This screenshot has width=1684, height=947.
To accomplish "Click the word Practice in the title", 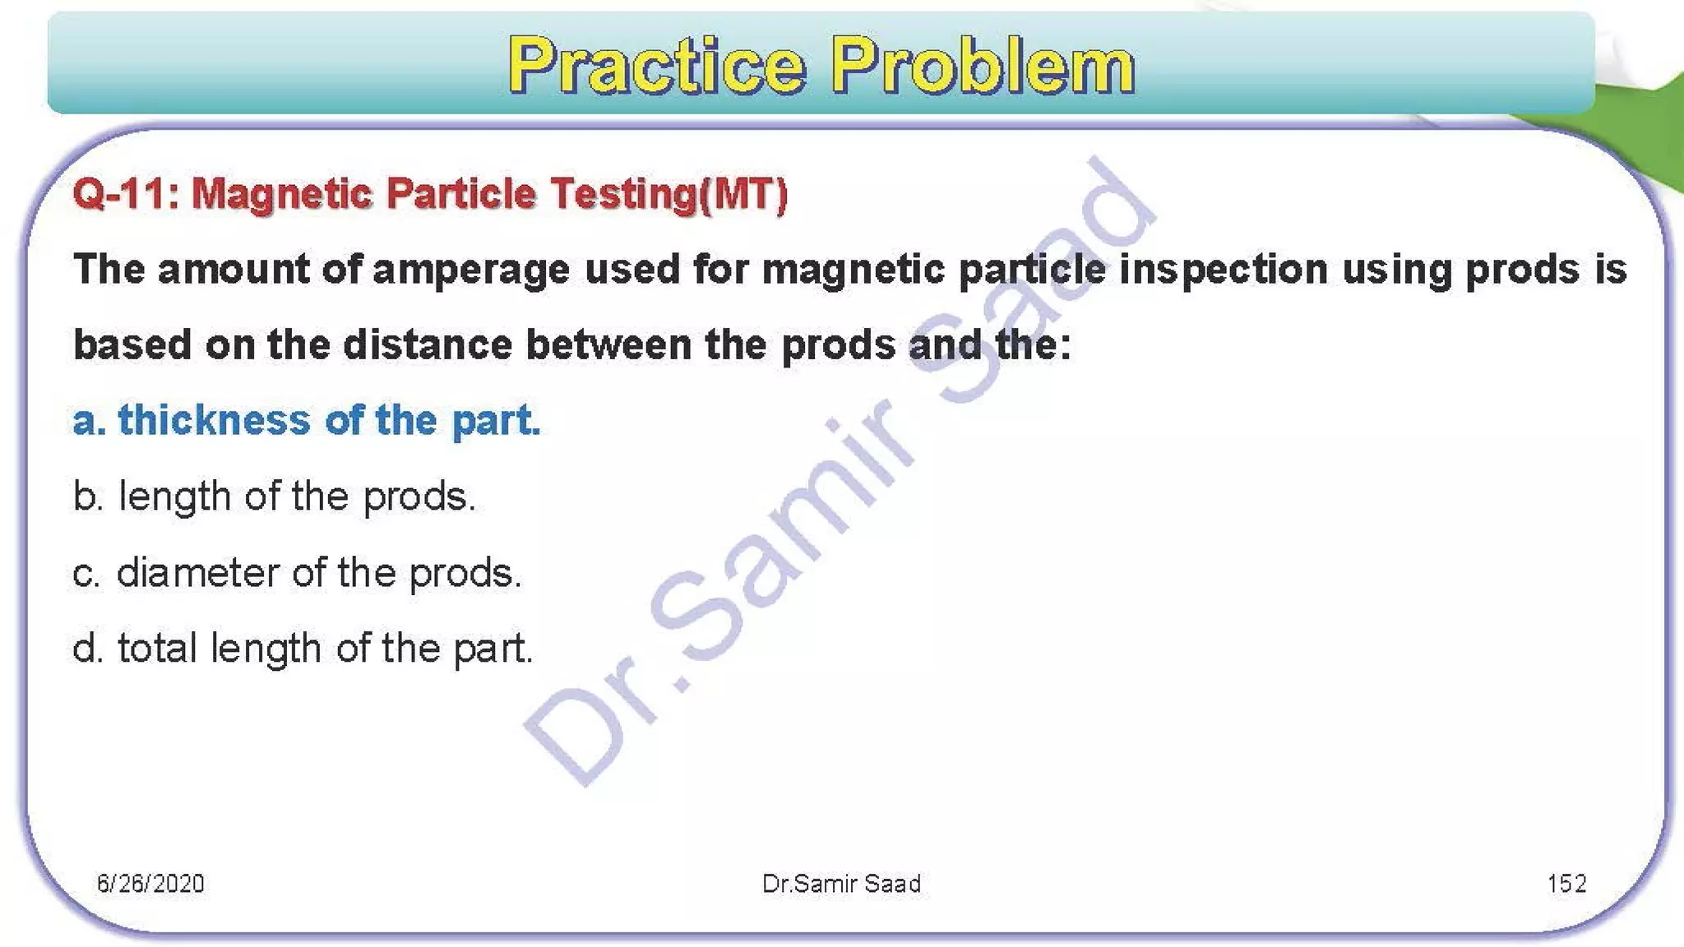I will point(656,66).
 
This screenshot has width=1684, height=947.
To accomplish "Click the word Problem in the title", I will point(983,66).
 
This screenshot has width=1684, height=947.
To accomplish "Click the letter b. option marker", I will point(87,497).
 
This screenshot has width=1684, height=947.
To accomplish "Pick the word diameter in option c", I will point(197,572).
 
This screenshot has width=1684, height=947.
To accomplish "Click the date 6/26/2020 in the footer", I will point(150,884).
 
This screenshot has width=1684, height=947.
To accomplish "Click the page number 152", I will point(1566,884).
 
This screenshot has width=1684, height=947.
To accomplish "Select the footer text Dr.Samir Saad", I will point(841,884).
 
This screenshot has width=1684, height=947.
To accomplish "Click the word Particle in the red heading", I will point(460,195).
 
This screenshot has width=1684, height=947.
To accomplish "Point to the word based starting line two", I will point(132,344).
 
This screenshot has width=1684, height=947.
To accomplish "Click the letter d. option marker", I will point(87,649).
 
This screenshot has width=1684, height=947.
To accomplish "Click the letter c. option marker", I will point(86,573).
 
